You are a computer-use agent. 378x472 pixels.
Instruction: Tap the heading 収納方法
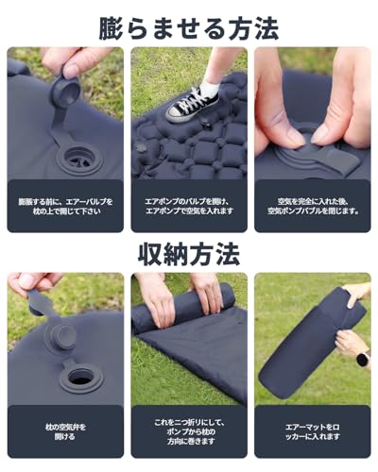tap(189, 253)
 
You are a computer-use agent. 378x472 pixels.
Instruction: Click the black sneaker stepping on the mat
tap(192, 102)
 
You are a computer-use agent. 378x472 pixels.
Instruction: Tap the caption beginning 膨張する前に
tap(65, 204)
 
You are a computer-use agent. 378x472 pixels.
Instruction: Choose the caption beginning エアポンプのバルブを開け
tap(189, 204)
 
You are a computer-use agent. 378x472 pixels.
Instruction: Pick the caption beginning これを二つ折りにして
tap(189, 431)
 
